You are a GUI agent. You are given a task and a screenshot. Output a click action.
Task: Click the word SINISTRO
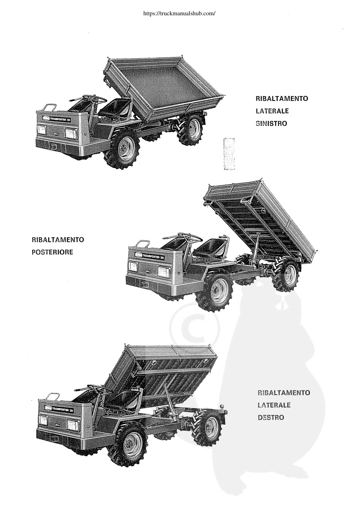271,124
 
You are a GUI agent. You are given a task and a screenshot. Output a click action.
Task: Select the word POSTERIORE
52,252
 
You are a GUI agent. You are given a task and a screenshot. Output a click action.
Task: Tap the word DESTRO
271,417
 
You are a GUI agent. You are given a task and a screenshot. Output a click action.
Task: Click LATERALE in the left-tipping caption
272,111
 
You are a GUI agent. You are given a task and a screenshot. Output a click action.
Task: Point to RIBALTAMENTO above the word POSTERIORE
58,240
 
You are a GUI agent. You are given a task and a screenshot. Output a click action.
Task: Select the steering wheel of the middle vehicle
190,238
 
